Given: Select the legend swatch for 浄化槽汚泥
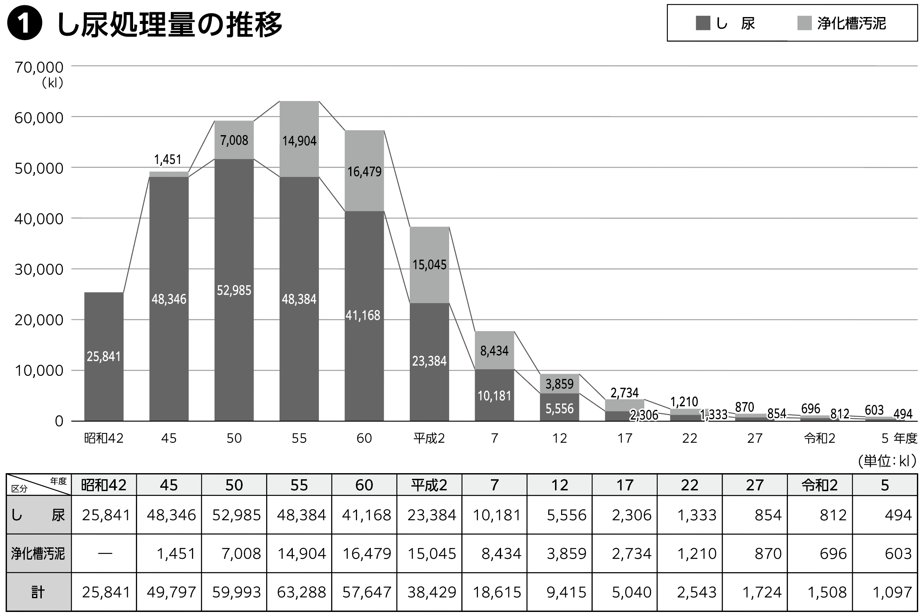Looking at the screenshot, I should [804, 23].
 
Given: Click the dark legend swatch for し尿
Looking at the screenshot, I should [703, 23].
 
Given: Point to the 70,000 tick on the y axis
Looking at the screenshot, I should [39, 67].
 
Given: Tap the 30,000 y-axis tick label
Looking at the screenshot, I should [39, 269].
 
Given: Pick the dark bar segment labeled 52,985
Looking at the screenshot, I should [234, 290].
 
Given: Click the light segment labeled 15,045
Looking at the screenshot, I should [429, 265].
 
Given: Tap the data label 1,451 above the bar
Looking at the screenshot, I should [168, 159].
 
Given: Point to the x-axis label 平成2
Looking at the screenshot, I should [429, 438].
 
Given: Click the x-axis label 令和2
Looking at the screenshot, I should [820, 438].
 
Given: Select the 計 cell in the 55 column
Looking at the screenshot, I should [301, 592].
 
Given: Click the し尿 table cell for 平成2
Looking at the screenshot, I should [431, 515].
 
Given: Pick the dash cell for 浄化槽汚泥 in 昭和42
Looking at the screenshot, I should [104, 554].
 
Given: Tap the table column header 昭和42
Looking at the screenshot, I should [104, 485].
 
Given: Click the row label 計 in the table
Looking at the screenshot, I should [38, 592].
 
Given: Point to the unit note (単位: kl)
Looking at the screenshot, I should [887, 461].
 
